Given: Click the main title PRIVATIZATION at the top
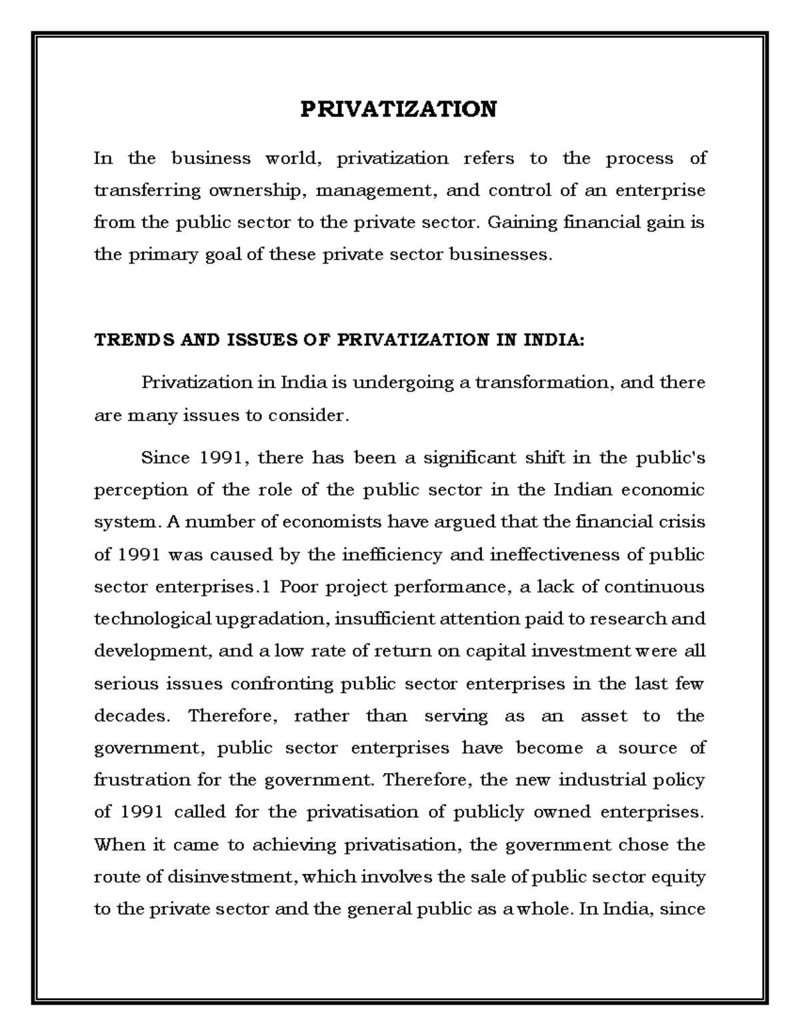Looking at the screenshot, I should point(399,109).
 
